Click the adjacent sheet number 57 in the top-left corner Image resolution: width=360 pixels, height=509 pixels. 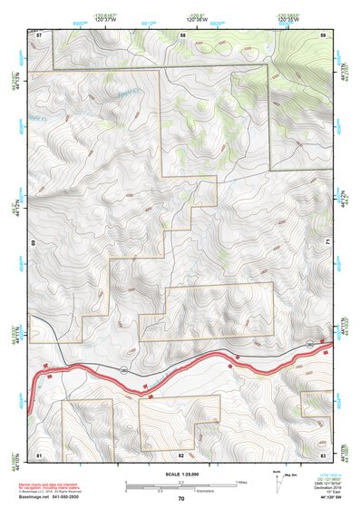(x=39, y=34)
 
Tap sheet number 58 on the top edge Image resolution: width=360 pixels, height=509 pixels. (x=182, y=34)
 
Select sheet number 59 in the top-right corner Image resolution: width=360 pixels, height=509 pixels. (x=323, y=34)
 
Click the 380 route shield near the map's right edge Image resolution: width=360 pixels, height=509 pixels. (x=310, y=345)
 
